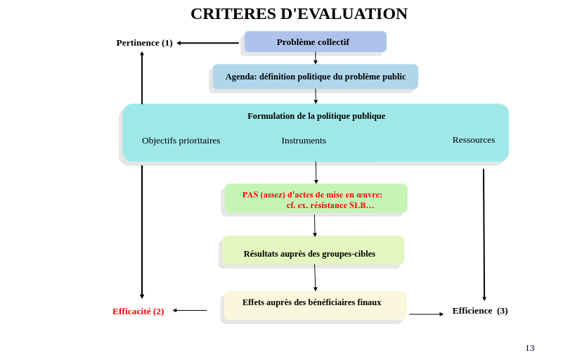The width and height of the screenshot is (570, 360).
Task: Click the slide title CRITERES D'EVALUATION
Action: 299,14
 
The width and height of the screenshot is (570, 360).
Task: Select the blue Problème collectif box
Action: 315,41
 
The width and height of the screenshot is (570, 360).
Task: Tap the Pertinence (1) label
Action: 144,43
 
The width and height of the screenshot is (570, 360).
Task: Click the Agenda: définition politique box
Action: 315,77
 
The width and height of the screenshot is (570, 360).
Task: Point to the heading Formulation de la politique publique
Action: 316,116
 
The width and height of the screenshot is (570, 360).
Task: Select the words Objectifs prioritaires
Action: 181,141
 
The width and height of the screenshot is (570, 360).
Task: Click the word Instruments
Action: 304,141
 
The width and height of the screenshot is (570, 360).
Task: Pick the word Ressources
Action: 473,140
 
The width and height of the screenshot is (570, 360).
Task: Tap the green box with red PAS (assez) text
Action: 316,199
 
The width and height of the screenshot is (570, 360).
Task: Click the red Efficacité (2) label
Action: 138,311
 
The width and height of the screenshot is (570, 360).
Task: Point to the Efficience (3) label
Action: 480,311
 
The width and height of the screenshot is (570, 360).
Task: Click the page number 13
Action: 529,348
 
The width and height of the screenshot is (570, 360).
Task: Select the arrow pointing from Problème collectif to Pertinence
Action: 208,43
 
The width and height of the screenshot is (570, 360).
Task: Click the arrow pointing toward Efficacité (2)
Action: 190,310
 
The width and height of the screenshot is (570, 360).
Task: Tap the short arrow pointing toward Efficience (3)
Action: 426,314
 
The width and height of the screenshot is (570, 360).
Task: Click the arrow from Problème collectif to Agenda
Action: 316,58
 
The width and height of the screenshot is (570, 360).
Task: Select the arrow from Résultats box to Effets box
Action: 315,277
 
